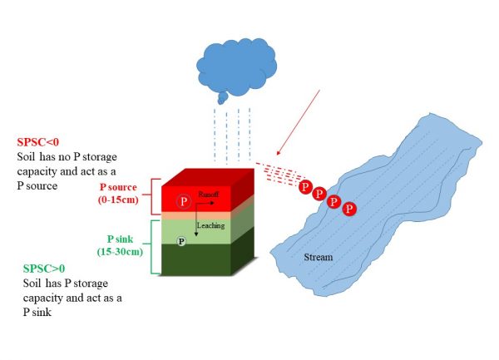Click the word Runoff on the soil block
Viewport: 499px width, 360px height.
pyautogui.click(x=208, y=194)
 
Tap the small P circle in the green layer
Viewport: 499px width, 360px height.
pyautogui.click(x=180, y=240)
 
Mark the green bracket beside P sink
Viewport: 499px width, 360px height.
pyautogui.click(x=153, y=246)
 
